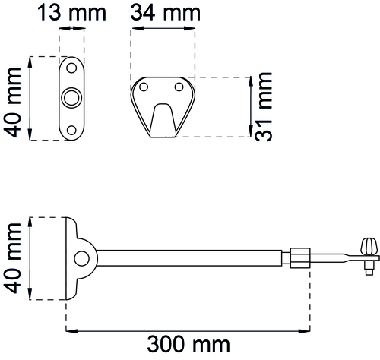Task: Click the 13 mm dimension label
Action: pyautogui.click(x=71, y=13)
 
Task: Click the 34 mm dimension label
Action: pyautogui.click(x=166, y=13)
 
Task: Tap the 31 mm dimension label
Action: pyautogui.click(x=264, y=106)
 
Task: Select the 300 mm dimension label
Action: pyautogui.click(x=188, y=344)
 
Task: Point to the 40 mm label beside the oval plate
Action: pyautogui.click(x=12, y=103)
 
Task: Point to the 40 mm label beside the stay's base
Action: pyautogui.click(x=12, y=258)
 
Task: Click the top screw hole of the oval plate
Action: pyautogui.click(x=71, y=68)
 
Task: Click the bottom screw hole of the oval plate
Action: pyautogui.click(x=71, y=131)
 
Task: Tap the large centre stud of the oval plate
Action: pyautogui.click(x=71, y=98)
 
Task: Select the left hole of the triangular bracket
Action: pyautogui.click(x=144, y=87)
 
